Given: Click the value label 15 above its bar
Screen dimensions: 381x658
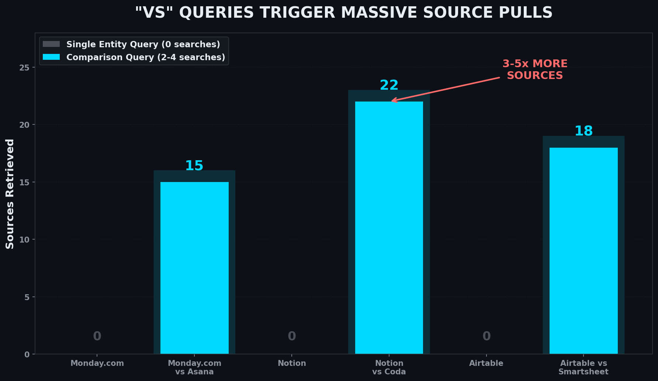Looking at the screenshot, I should (x=194, y=166).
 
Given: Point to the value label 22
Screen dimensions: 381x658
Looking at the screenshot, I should (x=389, y=85).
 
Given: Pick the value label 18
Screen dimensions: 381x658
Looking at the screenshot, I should (x=583, y=131).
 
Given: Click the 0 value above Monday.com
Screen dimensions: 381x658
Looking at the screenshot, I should (x=97, y=336).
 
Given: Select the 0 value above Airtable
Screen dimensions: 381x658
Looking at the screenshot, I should (x=486, y=336).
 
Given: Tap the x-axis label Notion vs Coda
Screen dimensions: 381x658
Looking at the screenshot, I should (x=389, y=367).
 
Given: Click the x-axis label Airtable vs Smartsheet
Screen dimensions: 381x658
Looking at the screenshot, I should (x=583, y=367).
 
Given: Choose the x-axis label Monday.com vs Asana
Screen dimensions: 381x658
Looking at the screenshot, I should (x=194, y=367).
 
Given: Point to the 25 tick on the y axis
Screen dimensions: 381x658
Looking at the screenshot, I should (x=25, y=68).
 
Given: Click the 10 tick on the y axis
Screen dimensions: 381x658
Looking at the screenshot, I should (x=25, y=240).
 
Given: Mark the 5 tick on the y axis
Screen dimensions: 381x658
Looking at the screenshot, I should (x=27, y=297).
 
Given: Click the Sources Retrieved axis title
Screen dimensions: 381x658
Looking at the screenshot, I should (x=10, y=194).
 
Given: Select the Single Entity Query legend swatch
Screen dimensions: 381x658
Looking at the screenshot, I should (x=51, y=44).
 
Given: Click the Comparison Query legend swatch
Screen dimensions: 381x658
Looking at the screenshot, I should (x=51, y=57).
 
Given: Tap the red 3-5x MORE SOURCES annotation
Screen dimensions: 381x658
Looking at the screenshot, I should (x=535, y=69).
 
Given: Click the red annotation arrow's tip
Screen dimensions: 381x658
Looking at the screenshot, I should (x=392, y=101).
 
